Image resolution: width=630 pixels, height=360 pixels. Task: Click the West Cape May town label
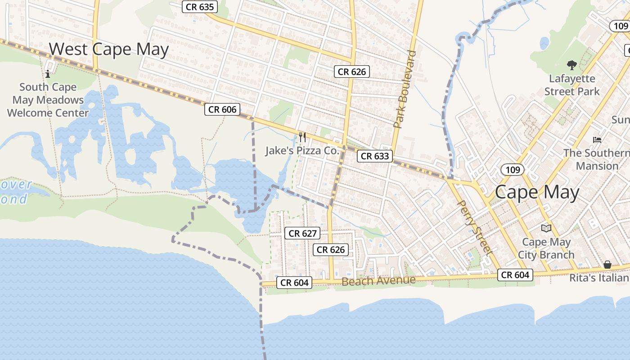point(108,49)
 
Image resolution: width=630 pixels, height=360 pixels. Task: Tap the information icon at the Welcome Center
point(48,73)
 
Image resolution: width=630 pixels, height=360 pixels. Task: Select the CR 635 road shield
point(200,7)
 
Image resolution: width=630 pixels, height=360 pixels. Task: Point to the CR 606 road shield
point(222,109)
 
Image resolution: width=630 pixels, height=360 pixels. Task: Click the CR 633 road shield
point(375,156)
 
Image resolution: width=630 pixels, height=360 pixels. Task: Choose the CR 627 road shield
point(303,233)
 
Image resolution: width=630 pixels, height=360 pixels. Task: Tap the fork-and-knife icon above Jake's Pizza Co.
point(302,137)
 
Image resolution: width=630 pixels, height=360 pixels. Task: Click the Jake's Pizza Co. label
point(301,151)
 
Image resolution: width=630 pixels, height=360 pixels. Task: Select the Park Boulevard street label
point(405,89)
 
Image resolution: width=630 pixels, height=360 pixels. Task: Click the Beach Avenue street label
point(378,281)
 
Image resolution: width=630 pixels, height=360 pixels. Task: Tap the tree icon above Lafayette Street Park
point(571,66)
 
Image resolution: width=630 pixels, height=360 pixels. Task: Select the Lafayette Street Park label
point(571,85)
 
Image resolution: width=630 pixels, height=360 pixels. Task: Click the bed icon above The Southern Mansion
point(597,140)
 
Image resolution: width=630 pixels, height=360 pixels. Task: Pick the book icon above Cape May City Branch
point(546,229)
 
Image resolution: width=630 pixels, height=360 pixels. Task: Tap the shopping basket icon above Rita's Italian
point(607,265)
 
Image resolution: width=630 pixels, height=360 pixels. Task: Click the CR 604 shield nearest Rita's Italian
point(515,274)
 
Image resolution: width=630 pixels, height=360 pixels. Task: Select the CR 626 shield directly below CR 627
point(331,250)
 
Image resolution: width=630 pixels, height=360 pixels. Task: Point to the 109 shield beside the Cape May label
point(513,170)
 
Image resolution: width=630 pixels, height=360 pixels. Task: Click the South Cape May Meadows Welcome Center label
point(48,100)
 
